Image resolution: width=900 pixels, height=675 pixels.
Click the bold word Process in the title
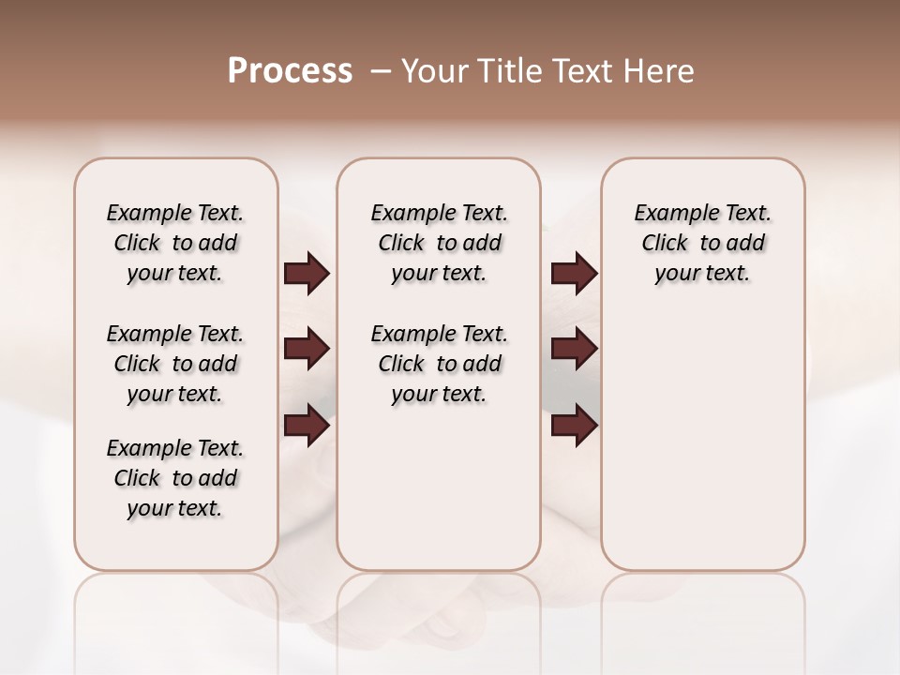(290, 70)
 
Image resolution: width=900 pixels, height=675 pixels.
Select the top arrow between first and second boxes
(307, 274)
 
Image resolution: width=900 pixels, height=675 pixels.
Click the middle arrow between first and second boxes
(307, 350)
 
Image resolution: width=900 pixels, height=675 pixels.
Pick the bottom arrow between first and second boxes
(307, 426)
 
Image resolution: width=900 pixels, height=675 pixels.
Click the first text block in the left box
(175, 243)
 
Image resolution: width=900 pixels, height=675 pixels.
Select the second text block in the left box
(175, 364)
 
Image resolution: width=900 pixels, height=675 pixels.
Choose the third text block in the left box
(175, 478)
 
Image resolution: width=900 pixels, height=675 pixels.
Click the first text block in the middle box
(439, 243)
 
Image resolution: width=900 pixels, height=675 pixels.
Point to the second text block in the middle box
(439, 364)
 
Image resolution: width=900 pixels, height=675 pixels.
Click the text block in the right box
(702, 243)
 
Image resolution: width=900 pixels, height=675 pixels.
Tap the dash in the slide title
(381, 71)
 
